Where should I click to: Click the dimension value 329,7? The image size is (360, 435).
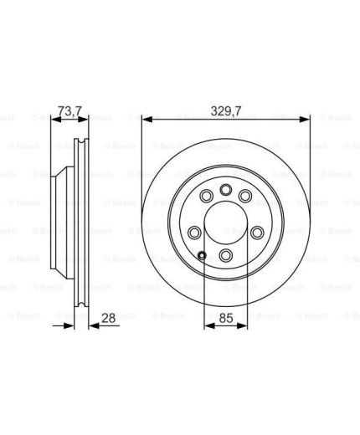pyautogui.click(x=226, y=111)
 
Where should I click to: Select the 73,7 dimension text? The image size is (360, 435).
pyautogui.click(x=69, y=111)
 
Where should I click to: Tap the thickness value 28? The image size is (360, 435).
pyautogui.click(x=108, y=318)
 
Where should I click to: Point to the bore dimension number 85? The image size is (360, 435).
pyautogui.click(x=226, y=318)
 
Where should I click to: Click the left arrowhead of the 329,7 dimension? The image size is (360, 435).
pyautogui.click(x=147, y=120)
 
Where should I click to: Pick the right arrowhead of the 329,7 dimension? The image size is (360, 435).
pyautogui.click(x=305, y=120)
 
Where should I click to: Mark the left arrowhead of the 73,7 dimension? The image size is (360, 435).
pyautogui.click(x=56, y=120)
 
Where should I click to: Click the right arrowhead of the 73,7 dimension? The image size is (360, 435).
pyautogui.click(x=83, y=120)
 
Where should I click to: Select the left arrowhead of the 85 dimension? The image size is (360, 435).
pyautogui.click(x=209, y=325)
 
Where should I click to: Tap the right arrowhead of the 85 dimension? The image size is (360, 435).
pyautogui.click(x=242, y=325)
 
